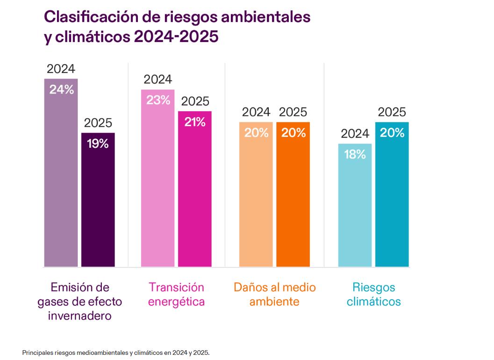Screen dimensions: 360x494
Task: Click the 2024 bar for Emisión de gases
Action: tap(61, 178)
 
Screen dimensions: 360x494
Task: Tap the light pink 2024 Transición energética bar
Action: tap(158, 182)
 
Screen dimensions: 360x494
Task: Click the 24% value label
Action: tap(61, 90)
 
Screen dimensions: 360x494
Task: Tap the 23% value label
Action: tap(158, 100)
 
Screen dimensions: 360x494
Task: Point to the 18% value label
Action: tap(355, 154)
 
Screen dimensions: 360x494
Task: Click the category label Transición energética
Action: tap(176, 294)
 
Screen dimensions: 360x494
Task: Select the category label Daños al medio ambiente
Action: tap(274, 294)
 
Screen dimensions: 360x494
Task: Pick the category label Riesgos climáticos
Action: tap(373, 294)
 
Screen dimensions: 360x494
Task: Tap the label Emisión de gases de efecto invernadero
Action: tap(79, 301)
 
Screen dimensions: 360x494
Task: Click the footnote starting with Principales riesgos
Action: tap(116, 352)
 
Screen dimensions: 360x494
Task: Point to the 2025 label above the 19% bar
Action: tap(98, 123)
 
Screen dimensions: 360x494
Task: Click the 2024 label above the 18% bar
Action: tap(355, 134)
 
